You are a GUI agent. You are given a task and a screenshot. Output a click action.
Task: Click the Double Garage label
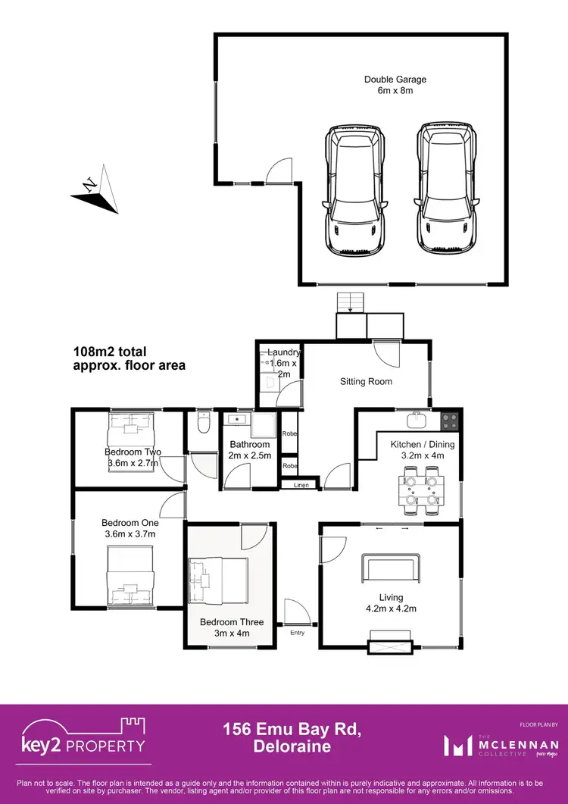(x=395, y=84)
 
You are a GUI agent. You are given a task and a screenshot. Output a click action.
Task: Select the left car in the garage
(x=355, y=191)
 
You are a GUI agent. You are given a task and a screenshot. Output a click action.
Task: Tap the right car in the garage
(x=448, y=191)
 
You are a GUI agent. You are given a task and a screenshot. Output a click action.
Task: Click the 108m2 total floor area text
(x=129, y=358)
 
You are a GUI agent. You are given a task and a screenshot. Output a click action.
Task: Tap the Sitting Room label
(x=366, y=381)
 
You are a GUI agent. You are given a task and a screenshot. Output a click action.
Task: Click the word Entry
(x=297, y=633)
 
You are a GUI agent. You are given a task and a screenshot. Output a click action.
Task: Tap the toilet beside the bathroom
(x=201, y=424)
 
